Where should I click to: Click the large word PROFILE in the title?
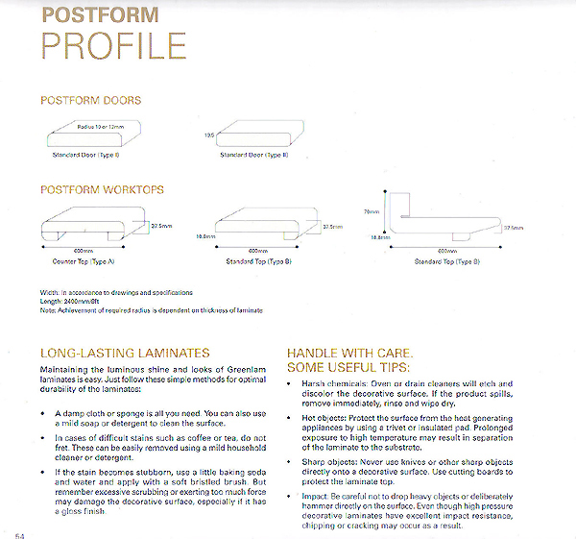click(x=114, y=46)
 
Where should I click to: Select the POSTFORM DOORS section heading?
click(x=90, y=100)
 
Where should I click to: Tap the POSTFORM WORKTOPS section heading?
click(x=103, y=190)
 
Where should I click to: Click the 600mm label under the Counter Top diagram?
click(x=84, y=250)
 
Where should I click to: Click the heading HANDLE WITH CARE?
click(x=348, y=353)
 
